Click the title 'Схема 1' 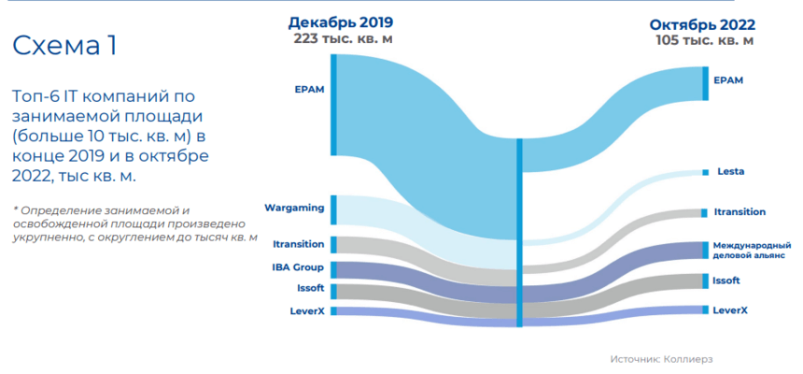[x=63, y=46]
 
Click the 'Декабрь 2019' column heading [x=341, y=22]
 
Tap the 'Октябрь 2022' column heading [x=702, y=24]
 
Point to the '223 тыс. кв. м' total [x=341, y=38]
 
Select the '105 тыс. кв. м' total [x=702, y=40]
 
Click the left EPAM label [x=309, y=91]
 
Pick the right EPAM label [x=728, y=80]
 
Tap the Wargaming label [x=294, y=205]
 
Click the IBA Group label [x=299, y=267]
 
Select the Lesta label [x=730, y=172]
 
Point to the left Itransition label [x=299, y=244]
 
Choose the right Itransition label [x=739, y=212]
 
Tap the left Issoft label [x=310, y=288]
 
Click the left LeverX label [x=307, y=310]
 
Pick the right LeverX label [x=729, y=309]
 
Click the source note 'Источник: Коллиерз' [x=655, y=359]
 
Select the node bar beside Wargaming [x=333, y=210]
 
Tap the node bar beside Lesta [x=705, y=172]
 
